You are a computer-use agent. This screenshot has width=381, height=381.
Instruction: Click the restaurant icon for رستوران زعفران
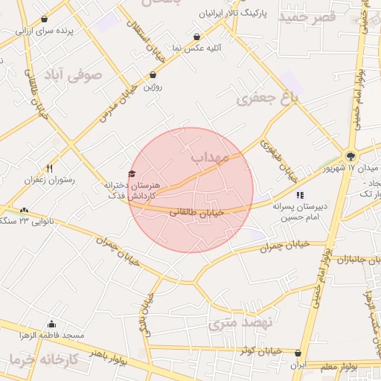[x=50, y=168]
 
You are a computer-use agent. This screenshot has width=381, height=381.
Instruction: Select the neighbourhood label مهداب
[x=214, y=158]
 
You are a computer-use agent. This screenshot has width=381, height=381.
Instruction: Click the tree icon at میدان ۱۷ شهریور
[x=350, y=156]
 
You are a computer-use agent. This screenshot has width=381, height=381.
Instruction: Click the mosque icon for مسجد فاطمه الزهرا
[x=51, y=324]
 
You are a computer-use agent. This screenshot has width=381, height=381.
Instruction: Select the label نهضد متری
[x=241, y=323]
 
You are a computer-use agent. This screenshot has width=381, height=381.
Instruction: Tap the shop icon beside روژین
[x=153, y=75]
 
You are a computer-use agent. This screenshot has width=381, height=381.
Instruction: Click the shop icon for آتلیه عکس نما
[x=196, y=36]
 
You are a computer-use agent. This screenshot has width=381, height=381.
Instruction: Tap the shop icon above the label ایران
[x=298, y=353]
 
